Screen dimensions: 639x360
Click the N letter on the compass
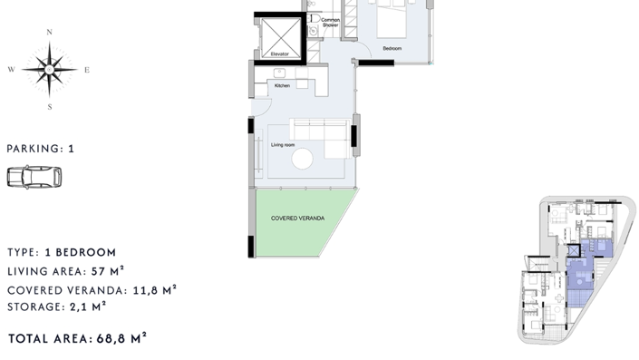50,33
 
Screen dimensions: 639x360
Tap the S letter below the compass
50,107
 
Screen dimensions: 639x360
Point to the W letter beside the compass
12,70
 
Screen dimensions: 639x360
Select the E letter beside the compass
87,70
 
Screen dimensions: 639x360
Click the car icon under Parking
34,177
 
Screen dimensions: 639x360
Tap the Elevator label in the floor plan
279,54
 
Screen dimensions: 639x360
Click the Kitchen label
282,85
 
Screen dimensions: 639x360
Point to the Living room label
283,145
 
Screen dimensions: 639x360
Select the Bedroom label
392,48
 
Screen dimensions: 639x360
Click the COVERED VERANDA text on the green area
298,219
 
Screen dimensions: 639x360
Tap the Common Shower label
330,23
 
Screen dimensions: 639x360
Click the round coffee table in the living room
303,159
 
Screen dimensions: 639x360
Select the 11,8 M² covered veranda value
155,290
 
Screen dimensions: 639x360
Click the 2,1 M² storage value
88,306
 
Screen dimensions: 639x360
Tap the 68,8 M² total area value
121,338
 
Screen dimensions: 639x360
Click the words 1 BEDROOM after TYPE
81,252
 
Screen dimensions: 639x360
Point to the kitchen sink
279,73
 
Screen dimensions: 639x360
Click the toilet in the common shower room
314,18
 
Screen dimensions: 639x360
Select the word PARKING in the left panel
33,149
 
